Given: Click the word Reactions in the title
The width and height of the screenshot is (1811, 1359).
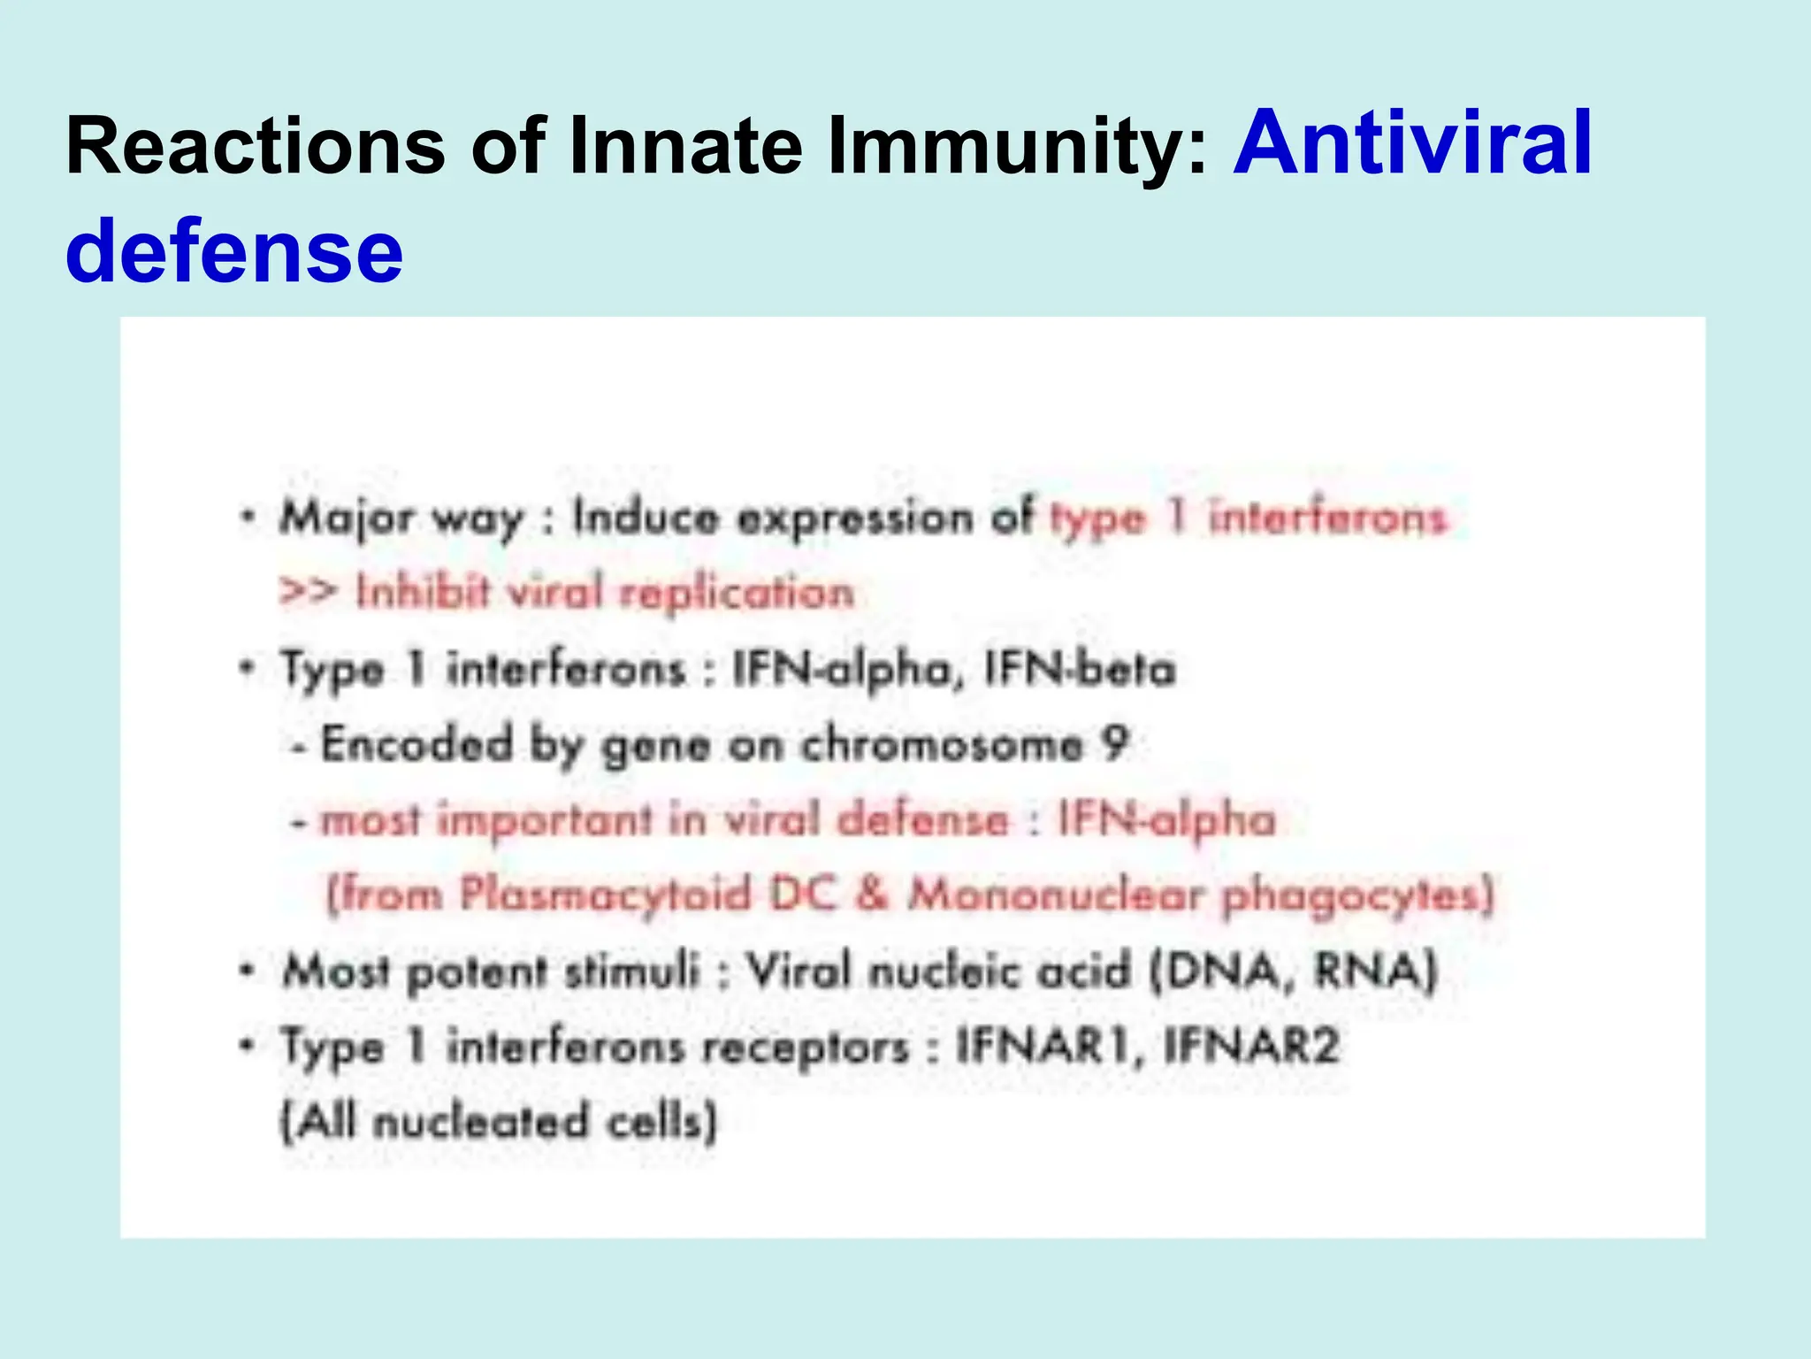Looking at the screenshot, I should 255,146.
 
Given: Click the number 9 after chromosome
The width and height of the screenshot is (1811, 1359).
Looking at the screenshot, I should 1116,743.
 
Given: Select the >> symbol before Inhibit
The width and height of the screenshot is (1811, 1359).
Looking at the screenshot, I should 307,591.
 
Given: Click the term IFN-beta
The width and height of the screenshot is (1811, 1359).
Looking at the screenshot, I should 1080,669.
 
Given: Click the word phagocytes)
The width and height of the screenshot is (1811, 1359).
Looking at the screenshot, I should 1358,895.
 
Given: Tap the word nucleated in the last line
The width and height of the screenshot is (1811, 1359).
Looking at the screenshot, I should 480,1122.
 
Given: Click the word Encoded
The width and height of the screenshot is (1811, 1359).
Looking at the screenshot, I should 416,743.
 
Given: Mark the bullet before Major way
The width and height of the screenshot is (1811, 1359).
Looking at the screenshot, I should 248,516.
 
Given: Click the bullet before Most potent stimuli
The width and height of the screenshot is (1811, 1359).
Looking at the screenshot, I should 248,970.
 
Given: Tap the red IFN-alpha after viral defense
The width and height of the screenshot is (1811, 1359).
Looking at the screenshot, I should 1166,819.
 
